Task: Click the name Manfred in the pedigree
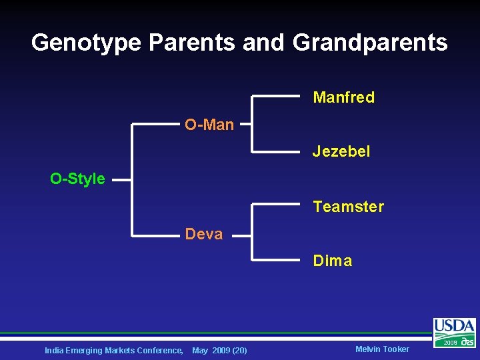pos(343,97)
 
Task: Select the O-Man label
pos(209,125)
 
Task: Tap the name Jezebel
pos(341,152)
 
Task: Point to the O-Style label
pos(77,179)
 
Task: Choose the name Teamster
pos(348,207)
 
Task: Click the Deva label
pos(204,234)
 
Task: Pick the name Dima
pos(333,261)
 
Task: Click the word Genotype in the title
pos(86,43)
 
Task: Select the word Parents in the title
pos(191,43)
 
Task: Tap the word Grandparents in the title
pos(370,43)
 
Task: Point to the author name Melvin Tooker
pos(382,349)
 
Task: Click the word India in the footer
pos(54,350)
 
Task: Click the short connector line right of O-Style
pos(121,179)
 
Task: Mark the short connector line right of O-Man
pos(245,124)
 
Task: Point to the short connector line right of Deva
pos(241,235)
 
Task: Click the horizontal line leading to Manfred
pos(276,97)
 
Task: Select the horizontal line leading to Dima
pos(276,259)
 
